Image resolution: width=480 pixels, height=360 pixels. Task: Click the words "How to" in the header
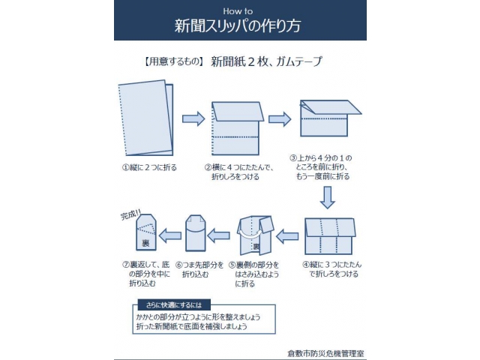pyautogui.click(x=238, y=11)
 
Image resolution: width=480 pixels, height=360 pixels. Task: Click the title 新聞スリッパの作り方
pyautogui.click(x=238, y=25)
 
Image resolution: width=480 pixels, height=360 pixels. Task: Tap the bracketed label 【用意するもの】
pyautogui.click(x=173, y=61)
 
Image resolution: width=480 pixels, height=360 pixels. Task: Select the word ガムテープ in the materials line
pyautogui.click(x=299, y=61)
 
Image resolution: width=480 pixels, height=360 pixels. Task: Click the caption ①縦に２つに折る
pyautogui.click(x=149, y=167)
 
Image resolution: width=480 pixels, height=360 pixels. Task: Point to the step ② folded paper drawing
pyautogui.click(x=237, y=128)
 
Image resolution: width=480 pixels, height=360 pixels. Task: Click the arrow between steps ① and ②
pyautogui.click(x=193, y=118)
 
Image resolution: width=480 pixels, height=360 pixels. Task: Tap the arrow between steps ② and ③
pyautogui.click(x=280, y=119)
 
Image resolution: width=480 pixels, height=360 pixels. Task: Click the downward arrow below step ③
pyautogui.click(x=327, y=198)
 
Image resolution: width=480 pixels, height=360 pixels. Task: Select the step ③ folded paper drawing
pyautogui.click(x=330, y=118)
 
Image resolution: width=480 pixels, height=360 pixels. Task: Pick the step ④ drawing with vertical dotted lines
pyautogui.click(x=330, y=236)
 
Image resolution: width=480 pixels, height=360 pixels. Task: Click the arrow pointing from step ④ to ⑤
pyautogui.click(x=287, y=236)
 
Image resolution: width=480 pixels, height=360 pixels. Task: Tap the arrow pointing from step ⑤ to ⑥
pyautogui.click(x=218, y=235)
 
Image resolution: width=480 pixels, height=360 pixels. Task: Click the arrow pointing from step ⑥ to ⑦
pyautogui.click(x=170, y=235)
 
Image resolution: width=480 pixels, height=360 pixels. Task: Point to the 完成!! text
pyautogui.click(x=130, y=214)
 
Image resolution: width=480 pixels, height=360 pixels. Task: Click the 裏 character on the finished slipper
pyautogui.click(x=145, y=243)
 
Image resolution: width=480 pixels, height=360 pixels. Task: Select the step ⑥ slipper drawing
pyautogui.click(x=196, y=233)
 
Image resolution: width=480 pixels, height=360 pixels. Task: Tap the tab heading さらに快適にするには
pyautogui.click(x=174, y=305)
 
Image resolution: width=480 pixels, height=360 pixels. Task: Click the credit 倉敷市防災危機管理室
pyautogui.click(x=325, y=353)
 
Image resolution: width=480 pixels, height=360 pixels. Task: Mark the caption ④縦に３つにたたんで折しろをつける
pyautogui.click(x=332, y=269)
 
